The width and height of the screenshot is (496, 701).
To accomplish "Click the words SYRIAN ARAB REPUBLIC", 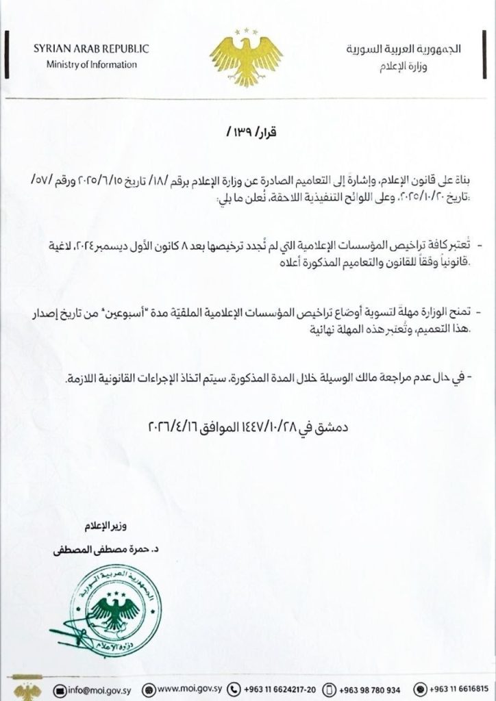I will (x=91, y=49).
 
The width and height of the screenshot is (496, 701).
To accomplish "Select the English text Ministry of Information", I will (x=92, y=64).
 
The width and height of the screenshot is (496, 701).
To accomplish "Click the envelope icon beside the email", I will (x=60, y=688).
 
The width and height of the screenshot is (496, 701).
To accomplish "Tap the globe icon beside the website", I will (x=147, y=688).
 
